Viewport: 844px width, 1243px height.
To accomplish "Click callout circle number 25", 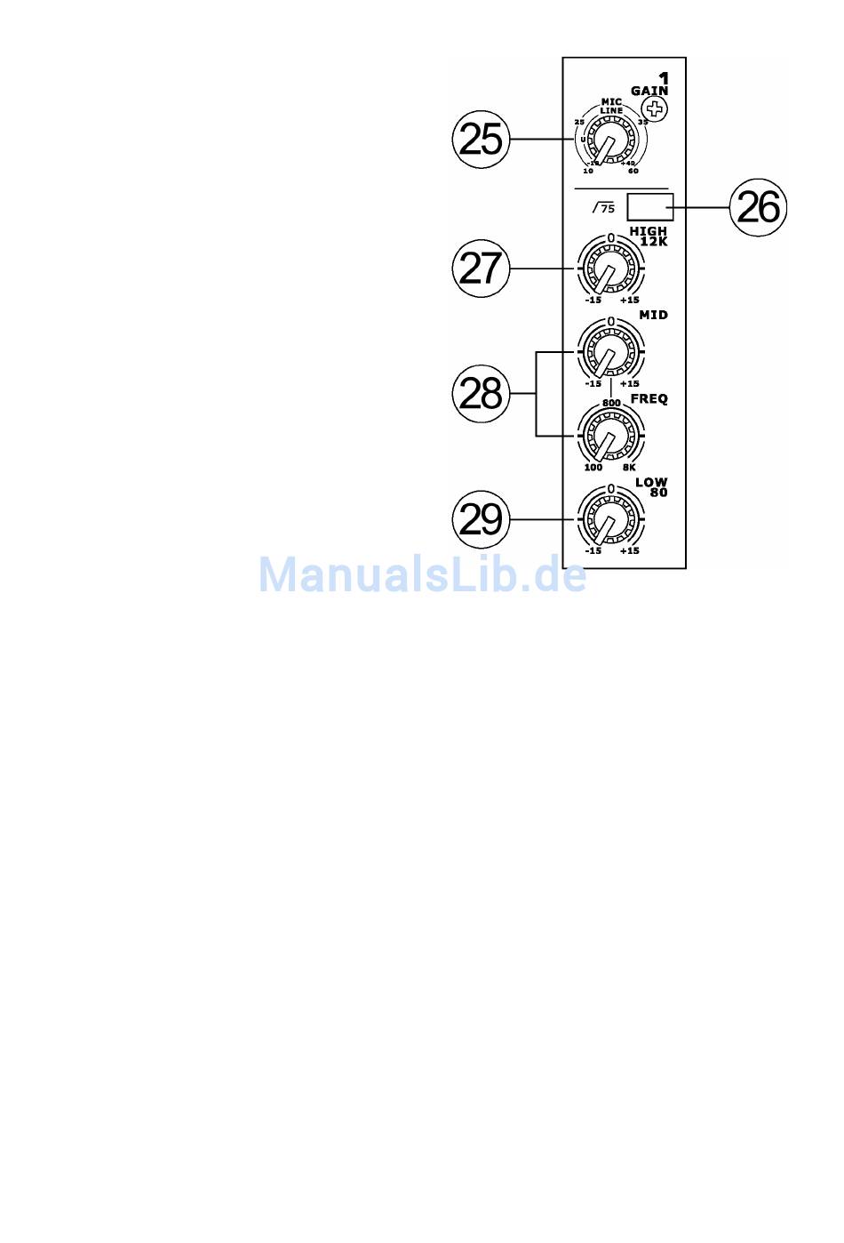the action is pos(482,140).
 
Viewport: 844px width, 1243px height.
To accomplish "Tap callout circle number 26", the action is pos(758,208).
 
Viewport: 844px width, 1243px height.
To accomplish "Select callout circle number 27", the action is pos(482,269).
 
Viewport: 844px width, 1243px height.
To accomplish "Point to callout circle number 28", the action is pos(482,394).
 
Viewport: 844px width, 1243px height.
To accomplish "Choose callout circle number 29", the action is pos(482,519).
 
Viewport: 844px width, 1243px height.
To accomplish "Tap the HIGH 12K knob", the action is pos(610,269).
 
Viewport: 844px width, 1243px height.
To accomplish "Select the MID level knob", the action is pos(610,353).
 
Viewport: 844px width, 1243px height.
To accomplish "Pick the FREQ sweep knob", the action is pos(610,437).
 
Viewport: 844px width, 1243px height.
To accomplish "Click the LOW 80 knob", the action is pos(610,520).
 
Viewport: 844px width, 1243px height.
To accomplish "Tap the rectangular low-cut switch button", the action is pos(649,207).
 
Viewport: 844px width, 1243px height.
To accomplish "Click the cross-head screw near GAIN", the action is pos(656,110).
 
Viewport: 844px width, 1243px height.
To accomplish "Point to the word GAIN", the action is pos(649,91).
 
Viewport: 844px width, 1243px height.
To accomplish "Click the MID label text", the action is pos(653,316).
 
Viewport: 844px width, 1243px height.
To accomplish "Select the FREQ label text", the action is pos(649,399).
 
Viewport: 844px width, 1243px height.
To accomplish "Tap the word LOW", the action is pos(651,482).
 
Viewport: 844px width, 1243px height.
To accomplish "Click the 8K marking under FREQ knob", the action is pos(629,468).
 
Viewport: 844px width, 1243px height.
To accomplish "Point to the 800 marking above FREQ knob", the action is pos(611,404).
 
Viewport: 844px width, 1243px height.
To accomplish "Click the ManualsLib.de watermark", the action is pos(422,575).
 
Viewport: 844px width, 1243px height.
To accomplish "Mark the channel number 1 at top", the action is pos(664,79).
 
